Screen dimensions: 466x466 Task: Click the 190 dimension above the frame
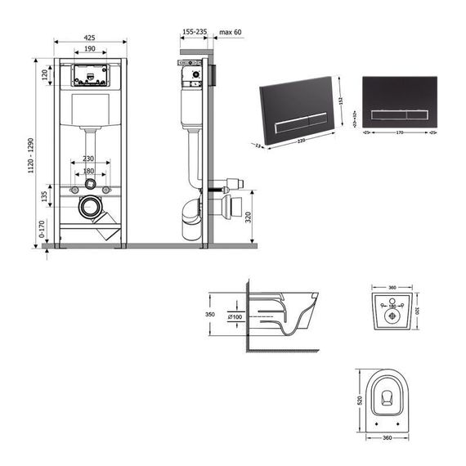[90, 51]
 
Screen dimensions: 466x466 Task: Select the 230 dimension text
[90, 159]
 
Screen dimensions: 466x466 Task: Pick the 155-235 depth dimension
[194, 30]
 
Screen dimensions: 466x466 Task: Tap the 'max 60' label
[231, 30]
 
